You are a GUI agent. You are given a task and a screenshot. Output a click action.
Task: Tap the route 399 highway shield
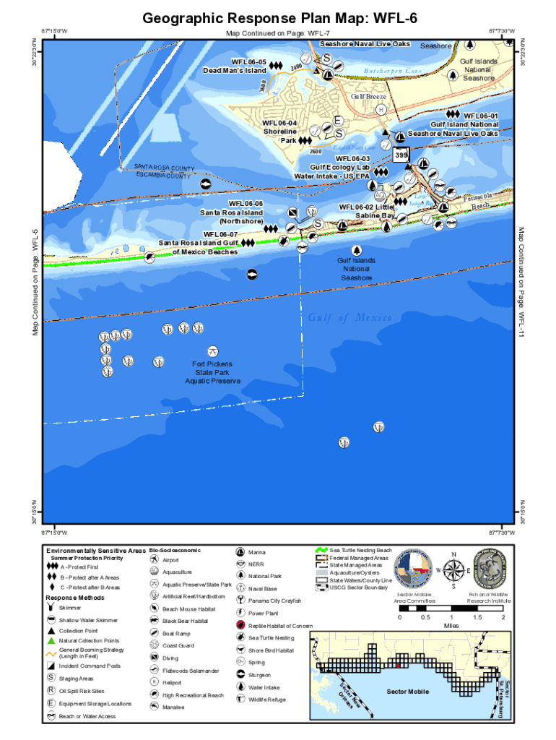[401, 155]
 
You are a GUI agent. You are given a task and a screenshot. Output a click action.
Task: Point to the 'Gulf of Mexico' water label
[349, 319]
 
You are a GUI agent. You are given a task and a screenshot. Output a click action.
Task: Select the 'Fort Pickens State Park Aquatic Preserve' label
[212, 372]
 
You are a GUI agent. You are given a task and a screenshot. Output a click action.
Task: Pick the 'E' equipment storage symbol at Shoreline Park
[337, 121]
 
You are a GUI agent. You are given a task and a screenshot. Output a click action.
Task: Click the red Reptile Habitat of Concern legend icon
[240, 624]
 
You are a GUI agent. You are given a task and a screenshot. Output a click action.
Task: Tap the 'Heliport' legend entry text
[173, 681]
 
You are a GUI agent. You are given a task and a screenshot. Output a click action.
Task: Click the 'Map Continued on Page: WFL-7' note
[278, 33]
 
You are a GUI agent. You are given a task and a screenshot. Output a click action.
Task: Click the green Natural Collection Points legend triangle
[52, 641]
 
